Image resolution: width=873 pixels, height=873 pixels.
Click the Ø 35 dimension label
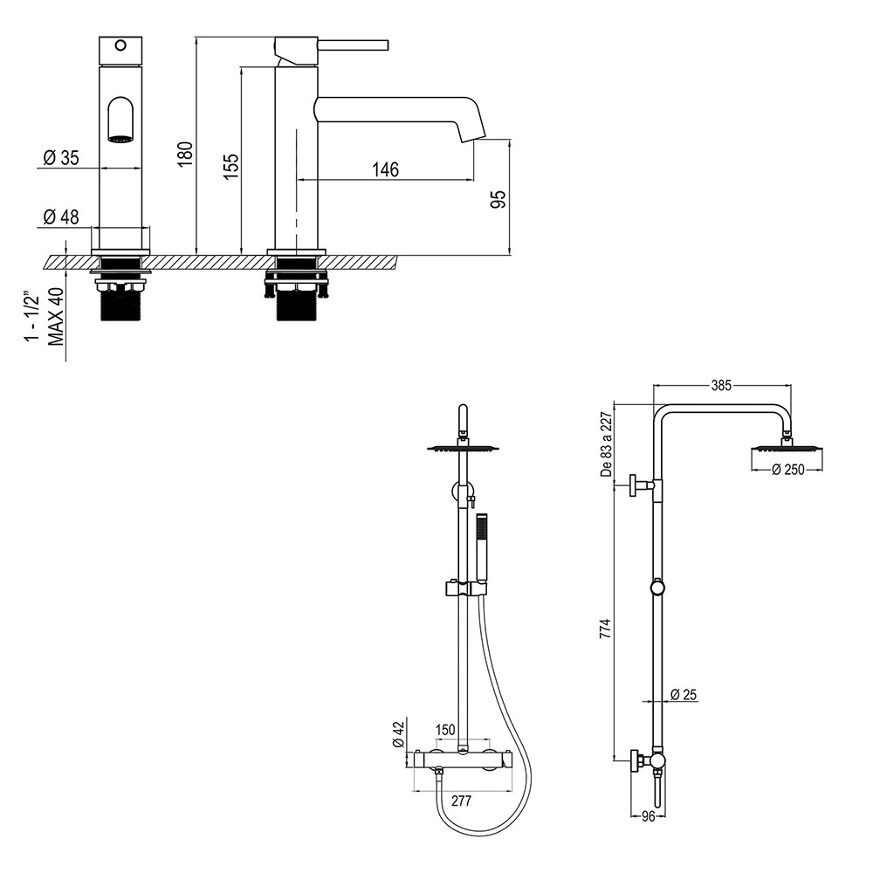[x=60, y=158]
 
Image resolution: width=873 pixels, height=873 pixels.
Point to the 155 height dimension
[x=230, y=166]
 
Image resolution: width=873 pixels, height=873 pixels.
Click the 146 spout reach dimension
[x=384, y=169]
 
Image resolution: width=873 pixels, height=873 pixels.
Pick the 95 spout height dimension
[x=498, y=199]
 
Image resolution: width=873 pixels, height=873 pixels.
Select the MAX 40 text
[x=57, y=318]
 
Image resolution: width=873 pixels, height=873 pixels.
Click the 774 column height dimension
[x=606, y=630]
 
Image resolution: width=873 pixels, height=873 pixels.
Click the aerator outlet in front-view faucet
[x=120, y=137]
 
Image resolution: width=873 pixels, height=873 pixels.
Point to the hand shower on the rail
[x=478, y=546]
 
